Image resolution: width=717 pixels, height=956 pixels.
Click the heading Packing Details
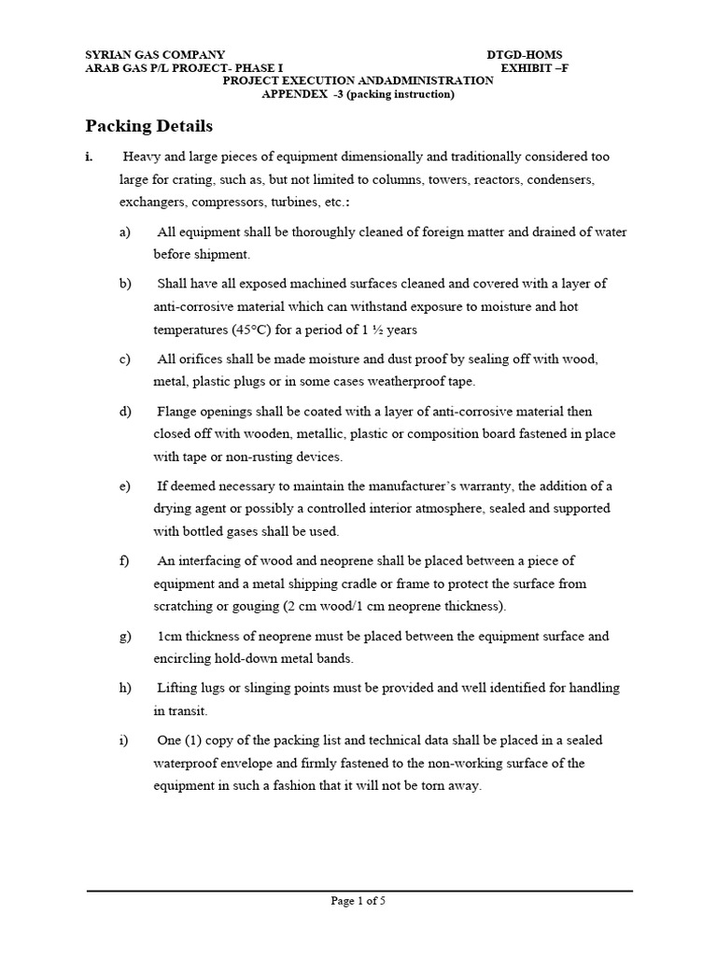[x=149, y=126]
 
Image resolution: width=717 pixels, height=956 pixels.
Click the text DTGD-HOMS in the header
[x=525, y=55]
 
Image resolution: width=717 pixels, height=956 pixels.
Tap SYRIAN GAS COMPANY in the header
[x=155, y=55]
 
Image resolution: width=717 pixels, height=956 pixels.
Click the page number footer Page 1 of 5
[x=358, y=901]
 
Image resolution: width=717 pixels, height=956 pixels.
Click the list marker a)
[x=125, y=232]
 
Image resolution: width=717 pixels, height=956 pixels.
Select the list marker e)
[x=125, y=486]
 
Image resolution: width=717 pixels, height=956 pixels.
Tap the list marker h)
[x=125, y=688]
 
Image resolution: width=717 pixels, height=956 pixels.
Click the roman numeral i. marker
[x=90, y=157]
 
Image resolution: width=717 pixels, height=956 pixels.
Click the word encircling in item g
[x=184, y=658]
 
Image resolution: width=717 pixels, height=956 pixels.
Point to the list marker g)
[x=125, y=636]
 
